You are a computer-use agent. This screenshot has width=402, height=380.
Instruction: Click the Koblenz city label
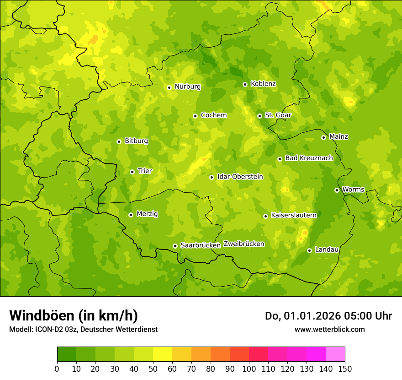click(x=263, y=84)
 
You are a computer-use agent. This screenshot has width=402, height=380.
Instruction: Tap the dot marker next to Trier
click(x=132, y=172)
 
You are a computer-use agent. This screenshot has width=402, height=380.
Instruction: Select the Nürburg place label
click(x=187, y=87)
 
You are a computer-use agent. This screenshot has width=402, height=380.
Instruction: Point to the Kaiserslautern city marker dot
click(x=265, y=216)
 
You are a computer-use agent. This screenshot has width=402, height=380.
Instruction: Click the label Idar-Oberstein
click(x=240, y=177)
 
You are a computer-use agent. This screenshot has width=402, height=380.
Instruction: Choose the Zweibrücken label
click(x=243, y=244)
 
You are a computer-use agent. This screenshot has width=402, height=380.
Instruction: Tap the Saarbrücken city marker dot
click(x=175, y=246)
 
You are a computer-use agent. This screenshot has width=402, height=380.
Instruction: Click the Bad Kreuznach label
click(x=309, y=158)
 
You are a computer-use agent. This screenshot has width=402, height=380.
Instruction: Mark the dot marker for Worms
click(x=337, y=190)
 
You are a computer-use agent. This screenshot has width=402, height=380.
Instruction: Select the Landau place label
click(x=327, y=250)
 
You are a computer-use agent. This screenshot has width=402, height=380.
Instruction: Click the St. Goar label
click(x=278, y=115)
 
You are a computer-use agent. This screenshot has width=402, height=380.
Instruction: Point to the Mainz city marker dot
click(x=323, y=137)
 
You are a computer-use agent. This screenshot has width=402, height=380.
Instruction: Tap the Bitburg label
click(x=136, y=141)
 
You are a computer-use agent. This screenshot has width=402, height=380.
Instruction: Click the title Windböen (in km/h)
click(x=74, y=315)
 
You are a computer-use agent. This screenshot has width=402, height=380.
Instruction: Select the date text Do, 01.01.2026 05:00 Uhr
click(x=328, y=316)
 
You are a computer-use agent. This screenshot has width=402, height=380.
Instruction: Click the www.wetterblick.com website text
click(x=329, y=329)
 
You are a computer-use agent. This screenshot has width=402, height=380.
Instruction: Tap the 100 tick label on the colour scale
click(x=249, y=369)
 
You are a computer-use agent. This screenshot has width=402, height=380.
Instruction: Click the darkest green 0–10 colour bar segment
click(x=66, y=354)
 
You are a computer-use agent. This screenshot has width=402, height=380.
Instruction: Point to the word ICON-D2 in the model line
click(x=48, y=330)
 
